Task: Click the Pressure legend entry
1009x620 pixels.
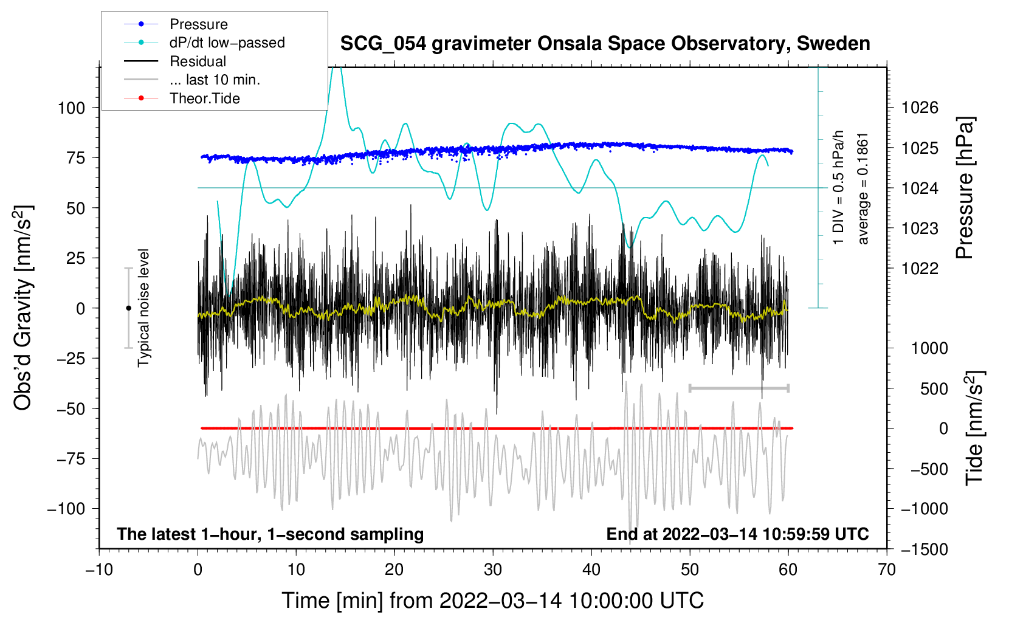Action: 198,24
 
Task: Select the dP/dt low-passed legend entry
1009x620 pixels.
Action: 227,43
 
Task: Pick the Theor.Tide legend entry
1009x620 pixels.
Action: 204,98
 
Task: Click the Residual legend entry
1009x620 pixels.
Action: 198,61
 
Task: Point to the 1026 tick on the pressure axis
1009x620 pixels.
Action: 920,108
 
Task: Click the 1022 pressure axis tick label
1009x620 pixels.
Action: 920,268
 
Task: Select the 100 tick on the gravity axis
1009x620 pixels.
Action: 71,108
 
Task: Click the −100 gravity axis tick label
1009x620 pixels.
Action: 66,509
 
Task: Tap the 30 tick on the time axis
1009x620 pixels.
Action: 493,570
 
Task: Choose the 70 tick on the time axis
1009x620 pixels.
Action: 887,570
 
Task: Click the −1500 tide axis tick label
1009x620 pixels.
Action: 923,549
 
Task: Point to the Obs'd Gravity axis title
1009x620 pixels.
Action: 22,308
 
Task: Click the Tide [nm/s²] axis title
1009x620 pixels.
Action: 974,428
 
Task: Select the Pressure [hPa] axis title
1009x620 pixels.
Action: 965,188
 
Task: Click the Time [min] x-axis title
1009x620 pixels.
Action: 492,601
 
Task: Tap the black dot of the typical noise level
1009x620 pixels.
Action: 128,308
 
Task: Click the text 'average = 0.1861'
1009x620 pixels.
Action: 863,188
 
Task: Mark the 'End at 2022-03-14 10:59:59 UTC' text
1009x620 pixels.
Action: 737,534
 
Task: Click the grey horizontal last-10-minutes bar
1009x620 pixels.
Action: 739,388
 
